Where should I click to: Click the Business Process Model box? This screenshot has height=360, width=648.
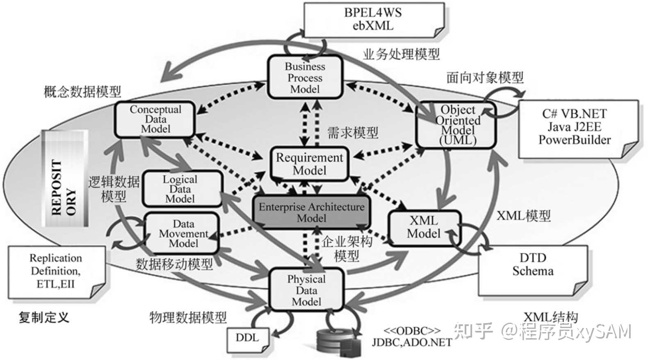coord(305,77)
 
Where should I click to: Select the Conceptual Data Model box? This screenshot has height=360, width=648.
coord(155,119)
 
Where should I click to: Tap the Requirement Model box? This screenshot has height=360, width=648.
coord(309,164)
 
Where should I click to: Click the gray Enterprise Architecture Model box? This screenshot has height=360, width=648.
coord(311,212)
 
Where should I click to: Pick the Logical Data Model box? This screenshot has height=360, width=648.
coord(180,189)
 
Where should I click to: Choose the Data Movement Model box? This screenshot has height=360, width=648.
coord(183,233)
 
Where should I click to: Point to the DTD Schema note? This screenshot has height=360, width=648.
coord(532,271)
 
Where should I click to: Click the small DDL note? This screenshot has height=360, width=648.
coord(247,338)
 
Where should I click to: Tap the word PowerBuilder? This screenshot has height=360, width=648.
coord(574,140)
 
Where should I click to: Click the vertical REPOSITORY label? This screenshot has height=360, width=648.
coord(64,180)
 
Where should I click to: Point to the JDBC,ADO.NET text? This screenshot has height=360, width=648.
coord(412,343)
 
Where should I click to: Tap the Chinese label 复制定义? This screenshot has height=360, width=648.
coord(44,317)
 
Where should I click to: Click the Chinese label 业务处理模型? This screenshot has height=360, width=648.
coord(401,54)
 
